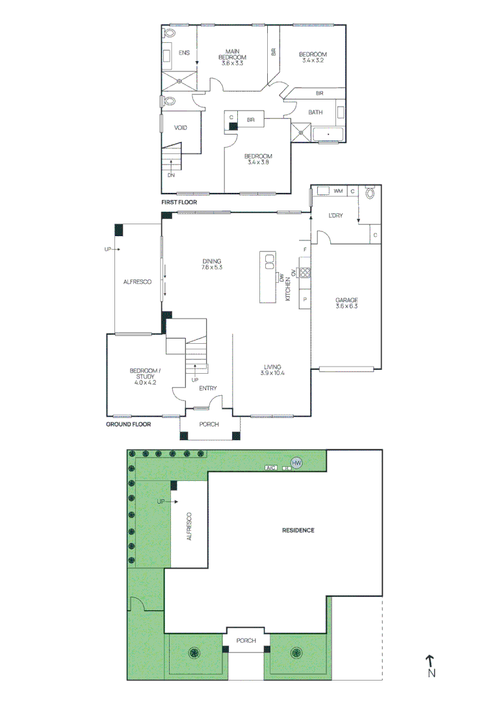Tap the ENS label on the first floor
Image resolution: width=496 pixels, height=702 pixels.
coord(184,53)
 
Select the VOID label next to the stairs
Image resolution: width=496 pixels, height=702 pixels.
coord(180,127)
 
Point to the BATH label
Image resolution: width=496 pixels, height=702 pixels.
coord(315,112)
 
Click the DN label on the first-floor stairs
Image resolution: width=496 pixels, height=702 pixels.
coord(171,175)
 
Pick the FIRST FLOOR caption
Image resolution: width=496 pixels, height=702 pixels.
coord(179,203)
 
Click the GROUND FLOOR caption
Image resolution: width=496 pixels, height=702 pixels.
coord(128,424)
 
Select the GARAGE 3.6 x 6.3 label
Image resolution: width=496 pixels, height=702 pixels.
coord(347,302)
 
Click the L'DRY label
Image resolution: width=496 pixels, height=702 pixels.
coord(335,215)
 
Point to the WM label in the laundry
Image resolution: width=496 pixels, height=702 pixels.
coord(338,191)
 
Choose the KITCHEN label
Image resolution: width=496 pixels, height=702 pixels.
coord(287,289)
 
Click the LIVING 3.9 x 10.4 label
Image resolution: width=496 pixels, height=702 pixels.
coord(272,369)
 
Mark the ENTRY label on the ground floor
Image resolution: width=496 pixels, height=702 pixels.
coord(208,388)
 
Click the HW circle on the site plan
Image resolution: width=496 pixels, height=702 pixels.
coord(297,463)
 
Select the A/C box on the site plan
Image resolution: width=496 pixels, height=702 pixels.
coord(271,467)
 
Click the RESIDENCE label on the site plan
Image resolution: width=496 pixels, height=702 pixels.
coord(298,530)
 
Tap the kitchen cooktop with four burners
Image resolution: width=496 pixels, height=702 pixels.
coord(304,271)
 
